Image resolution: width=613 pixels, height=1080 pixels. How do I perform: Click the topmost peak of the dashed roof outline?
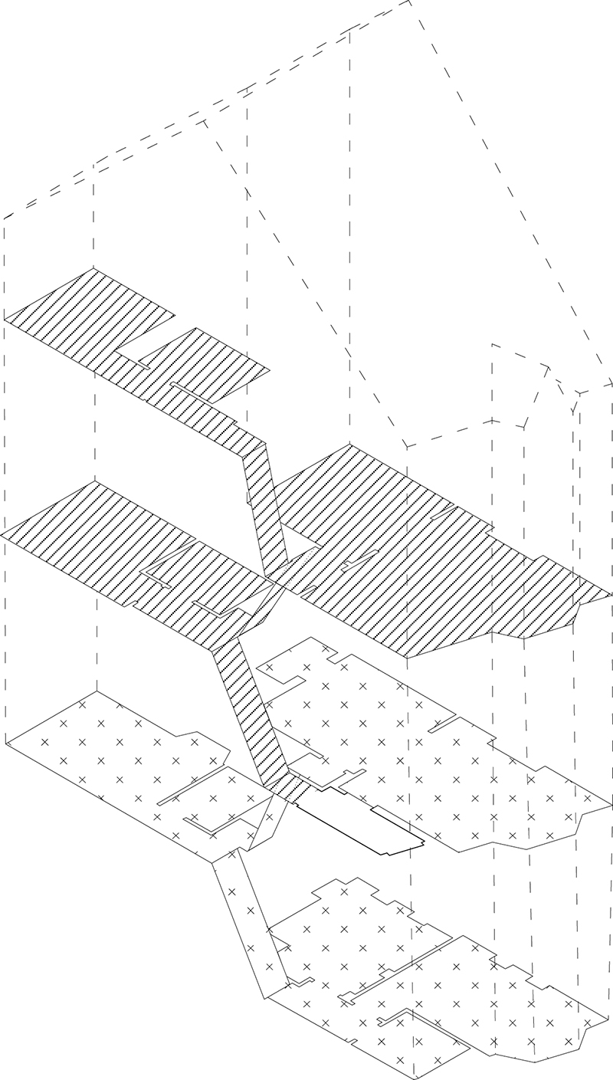coord(409,2)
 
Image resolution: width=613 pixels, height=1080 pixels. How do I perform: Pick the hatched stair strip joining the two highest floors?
coord(261,506)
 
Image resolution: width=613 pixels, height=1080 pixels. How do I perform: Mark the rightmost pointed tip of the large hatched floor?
coord(611,594)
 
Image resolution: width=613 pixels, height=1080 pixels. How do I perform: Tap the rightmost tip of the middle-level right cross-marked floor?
coord(611,805)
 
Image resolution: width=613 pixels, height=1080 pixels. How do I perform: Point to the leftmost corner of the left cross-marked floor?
coord(6,742)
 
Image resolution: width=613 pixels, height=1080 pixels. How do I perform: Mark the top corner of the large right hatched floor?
coord(350,445)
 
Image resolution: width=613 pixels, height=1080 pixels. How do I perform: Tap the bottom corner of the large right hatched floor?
coord(407,657)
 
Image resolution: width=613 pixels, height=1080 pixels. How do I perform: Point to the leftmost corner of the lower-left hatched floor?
coord(3,532)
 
